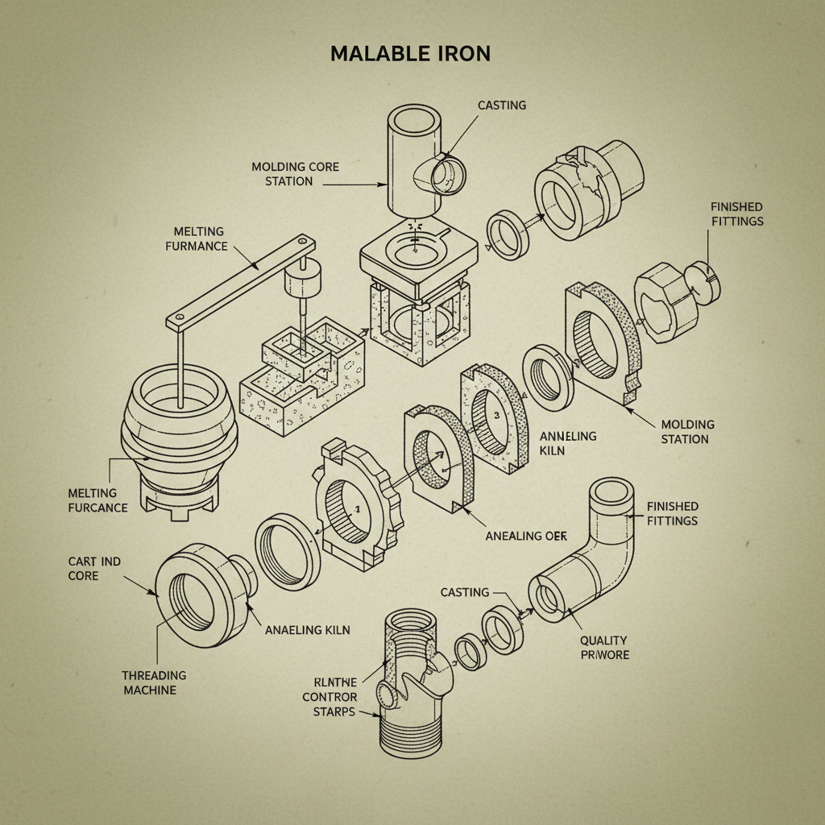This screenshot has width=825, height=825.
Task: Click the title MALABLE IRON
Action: coord(411,54)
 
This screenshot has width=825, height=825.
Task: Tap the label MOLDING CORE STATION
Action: coord(295,174)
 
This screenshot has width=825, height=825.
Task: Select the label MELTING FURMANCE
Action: coord(197,238)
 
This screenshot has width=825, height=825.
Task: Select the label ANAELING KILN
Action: coord(308,629)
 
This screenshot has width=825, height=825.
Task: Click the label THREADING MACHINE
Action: coord(155,682)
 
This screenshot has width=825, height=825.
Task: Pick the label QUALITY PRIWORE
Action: coord(604,648)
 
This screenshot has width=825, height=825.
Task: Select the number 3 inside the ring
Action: coord(497,414)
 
